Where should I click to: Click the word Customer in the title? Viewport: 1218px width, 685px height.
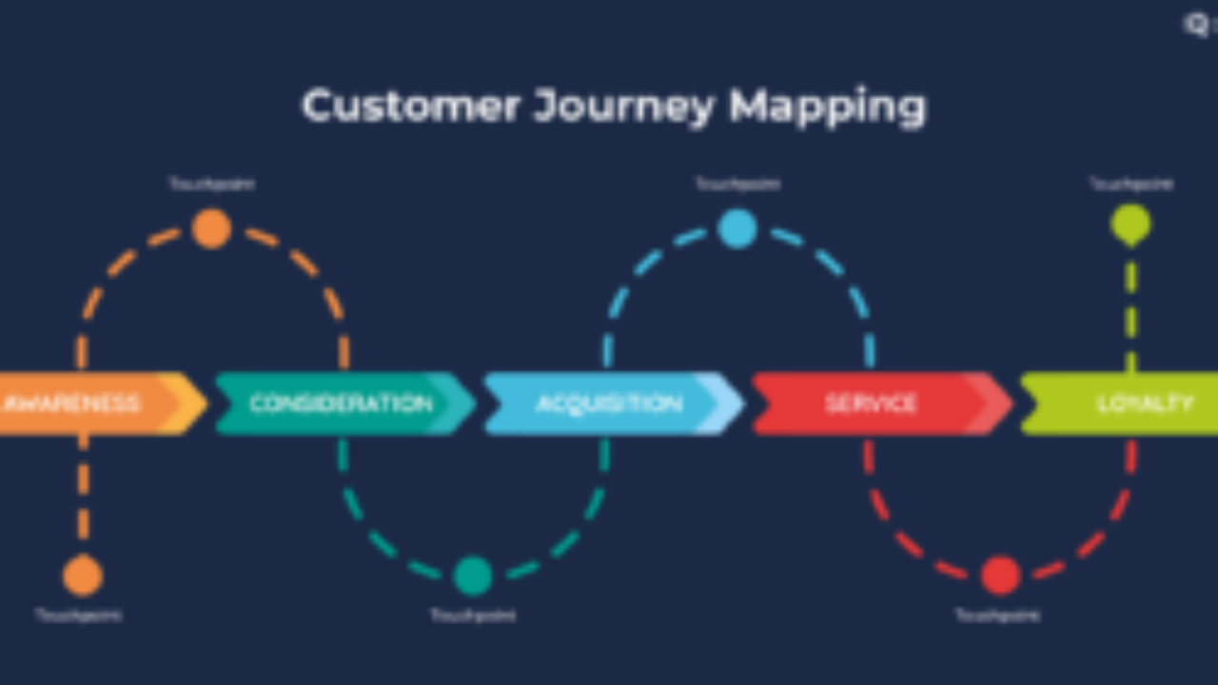[x=411, y=106]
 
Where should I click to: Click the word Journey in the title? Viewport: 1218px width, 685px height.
[x=623, y=108]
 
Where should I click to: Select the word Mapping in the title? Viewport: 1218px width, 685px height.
[x=827, y=108]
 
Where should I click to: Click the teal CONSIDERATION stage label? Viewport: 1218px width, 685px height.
[x=341, y=403]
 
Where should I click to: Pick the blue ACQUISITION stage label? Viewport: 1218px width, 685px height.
[x=609, y=403]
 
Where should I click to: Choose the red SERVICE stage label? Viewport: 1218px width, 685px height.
[x=871, y=403]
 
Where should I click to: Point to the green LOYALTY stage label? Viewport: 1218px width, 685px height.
[x=1145, y=403]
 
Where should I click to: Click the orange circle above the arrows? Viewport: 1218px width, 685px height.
[x=211, y=229]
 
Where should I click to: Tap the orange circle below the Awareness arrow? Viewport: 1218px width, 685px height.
[x=83, y=576]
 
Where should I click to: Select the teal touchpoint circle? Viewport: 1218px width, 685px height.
[x=473, y=576]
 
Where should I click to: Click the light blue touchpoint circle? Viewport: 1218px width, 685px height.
[x=737, y=229]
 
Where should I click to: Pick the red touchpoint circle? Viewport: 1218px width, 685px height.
[x=1000, y=576]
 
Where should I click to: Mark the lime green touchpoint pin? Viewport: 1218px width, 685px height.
[x=1130, y=225]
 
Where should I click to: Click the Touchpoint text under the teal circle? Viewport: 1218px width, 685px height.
[x=473, y=616]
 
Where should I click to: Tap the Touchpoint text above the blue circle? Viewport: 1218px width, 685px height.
[x=737, y=184]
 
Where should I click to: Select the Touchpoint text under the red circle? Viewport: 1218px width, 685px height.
[x=997, y=616]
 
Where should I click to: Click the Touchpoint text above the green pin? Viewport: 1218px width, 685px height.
[x=1130, y=184]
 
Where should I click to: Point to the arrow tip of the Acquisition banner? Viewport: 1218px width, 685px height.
[x=733, y=403]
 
